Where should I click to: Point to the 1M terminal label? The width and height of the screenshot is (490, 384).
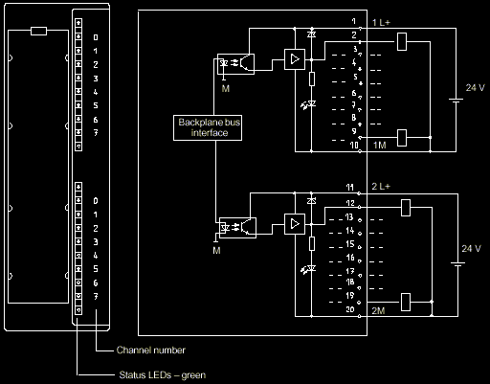[x=379, y=146]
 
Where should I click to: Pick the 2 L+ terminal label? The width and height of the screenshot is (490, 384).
[x=380, y=186]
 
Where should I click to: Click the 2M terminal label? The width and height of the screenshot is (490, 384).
[x=379, y=311]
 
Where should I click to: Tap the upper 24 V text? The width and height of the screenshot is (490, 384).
[x=475, y=87]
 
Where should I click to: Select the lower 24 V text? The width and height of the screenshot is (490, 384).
[x=471, y=248]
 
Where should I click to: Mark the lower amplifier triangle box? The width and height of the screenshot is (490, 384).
[x=291, y=225]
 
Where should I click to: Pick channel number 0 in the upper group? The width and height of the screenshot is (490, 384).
[x=96, y=36]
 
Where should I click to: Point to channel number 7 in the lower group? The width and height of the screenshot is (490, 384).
[x=96, y=299]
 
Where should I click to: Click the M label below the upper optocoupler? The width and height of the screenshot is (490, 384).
[x=225, y=88]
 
